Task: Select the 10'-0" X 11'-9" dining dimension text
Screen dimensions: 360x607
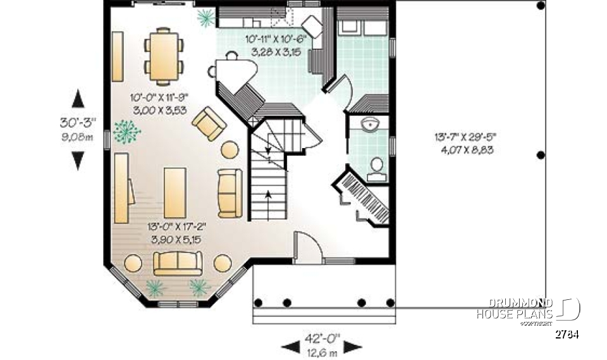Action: [159, 103]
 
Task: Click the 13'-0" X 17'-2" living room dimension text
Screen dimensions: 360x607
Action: [178, 232]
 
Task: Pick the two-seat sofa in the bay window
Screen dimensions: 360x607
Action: [178, 262]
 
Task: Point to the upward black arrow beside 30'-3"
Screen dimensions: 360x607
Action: [78, 99]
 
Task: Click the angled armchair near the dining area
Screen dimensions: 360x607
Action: [209, 124]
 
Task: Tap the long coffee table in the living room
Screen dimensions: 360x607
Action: [175, 192]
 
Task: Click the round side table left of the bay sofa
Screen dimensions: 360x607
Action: [133, 263]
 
